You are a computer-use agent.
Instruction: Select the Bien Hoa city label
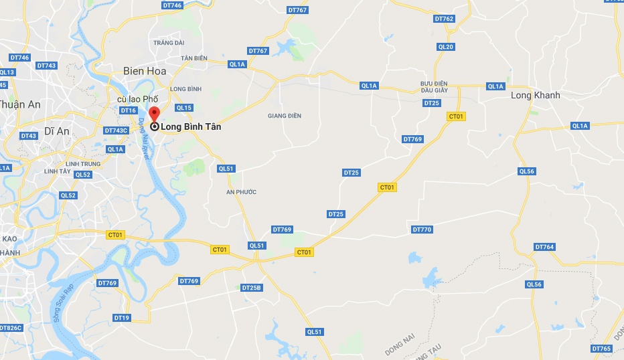(x=144, y=70)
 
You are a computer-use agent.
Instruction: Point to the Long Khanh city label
(x=535, y=96)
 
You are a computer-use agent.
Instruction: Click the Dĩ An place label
(x=58, y=131)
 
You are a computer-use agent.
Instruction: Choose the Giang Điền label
(x=285, y=116)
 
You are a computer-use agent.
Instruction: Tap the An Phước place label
(x=241, y=192)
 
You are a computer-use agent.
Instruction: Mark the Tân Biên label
(x=194, y=58)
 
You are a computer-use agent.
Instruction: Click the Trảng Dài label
(x=169, y=43)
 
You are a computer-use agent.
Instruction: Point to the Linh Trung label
(x=83, y=164)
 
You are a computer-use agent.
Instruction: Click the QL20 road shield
(x=445, y=47)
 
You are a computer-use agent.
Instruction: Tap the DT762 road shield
(x=444, y=19)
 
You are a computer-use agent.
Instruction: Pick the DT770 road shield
(x=422, y=230)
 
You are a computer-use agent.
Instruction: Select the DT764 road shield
(x=545, y=247)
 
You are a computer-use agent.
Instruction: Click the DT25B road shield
(x=251, y=288)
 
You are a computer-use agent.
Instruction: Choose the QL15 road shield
(x=183, y=108)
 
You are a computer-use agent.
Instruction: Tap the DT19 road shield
(x=121, y=318)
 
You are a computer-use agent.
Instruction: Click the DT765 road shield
(x=601, y=349)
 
